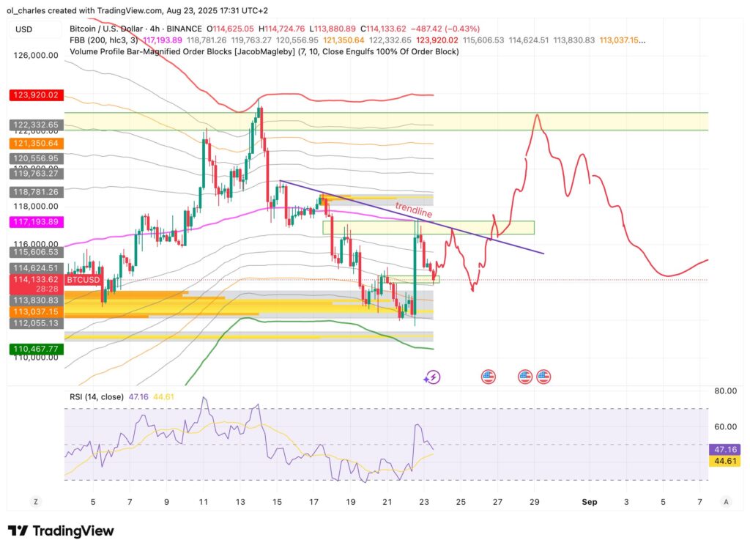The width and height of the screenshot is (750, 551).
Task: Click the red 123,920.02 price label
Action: [x=34, y=95]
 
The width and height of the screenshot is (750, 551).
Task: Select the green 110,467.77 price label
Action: [x=34, y=350]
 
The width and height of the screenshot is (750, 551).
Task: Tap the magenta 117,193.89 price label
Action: [x=34, y=221]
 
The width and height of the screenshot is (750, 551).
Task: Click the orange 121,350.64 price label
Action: [x=34, y=143]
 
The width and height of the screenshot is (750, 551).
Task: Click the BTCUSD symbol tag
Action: [x=82, y=279]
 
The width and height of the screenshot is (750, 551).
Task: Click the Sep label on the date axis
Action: [x=590, y=502]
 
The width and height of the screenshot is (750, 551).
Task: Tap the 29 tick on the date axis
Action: [x=535, y=502]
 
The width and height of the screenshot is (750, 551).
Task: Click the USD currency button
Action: [x=24, y=30]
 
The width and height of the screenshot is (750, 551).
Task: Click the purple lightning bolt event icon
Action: [x=432, y=377]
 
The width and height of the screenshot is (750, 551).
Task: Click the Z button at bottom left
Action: [x=34, y=502]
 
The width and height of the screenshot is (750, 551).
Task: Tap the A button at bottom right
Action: [x=725, y=502]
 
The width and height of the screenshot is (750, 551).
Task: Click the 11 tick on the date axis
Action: [x=203, y=502]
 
